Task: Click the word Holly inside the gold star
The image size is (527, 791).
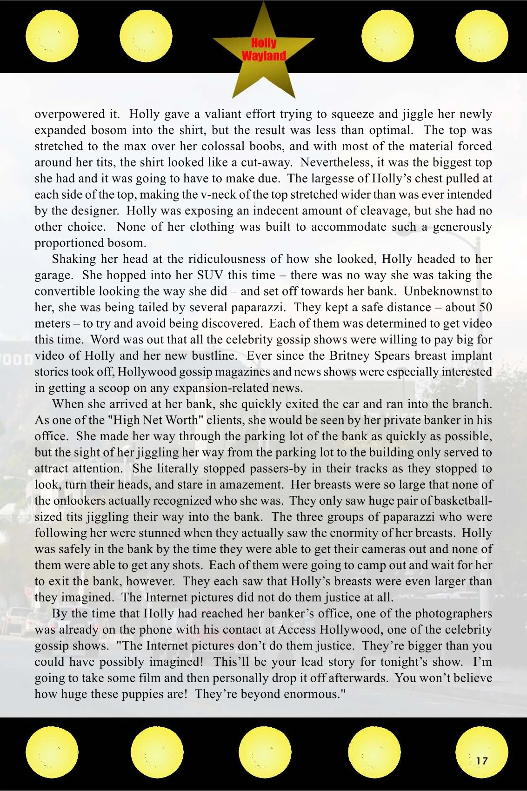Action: (x=264, y=43)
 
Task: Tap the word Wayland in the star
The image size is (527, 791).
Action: (x=264, y=56)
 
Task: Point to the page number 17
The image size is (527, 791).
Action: (x=482, y=761)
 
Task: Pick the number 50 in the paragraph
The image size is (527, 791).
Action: (x=486, y=307)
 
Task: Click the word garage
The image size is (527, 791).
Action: (x=53, y=275)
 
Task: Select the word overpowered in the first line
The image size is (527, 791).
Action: (x=70, y=114)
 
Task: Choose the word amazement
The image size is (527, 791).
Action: (x=251, y=485)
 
